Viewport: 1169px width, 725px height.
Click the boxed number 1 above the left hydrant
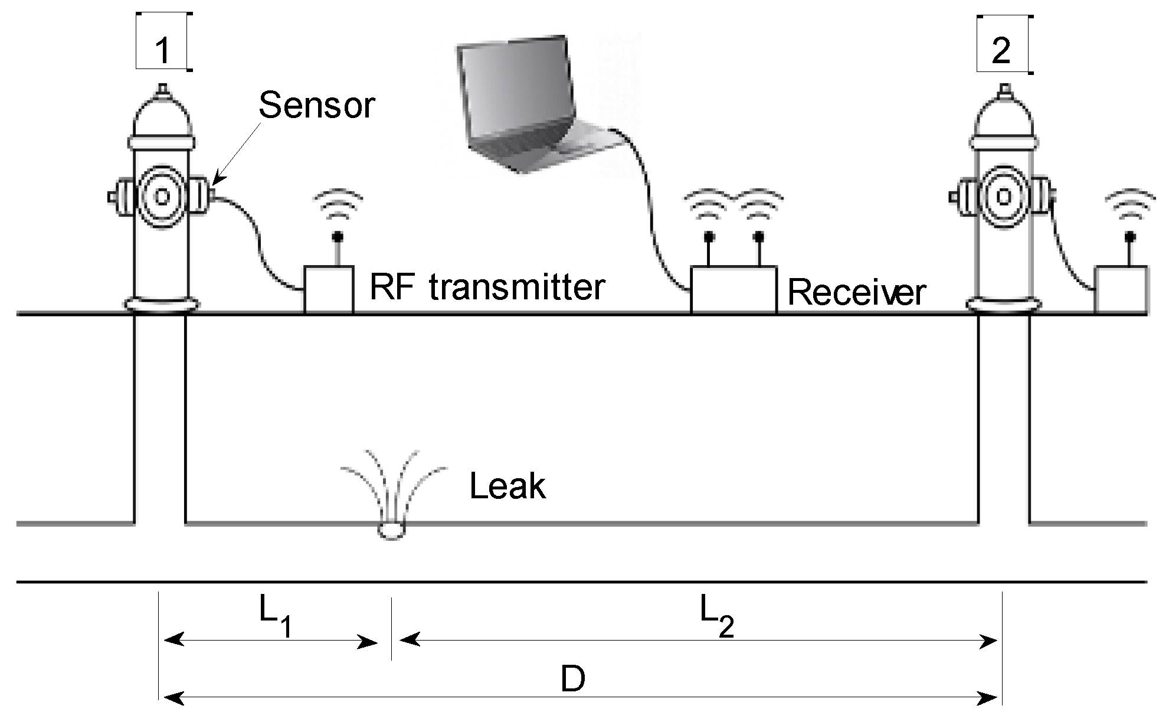[162, 50]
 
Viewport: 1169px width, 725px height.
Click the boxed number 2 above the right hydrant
[1001, 51]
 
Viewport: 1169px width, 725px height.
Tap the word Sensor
[316, 106]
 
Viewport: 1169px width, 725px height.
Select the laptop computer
[531, 106]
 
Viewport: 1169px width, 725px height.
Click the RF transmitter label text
[487, 287]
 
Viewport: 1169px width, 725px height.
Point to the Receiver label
[856, 292]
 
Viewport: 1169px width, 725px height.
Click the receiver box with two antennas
[734, 290]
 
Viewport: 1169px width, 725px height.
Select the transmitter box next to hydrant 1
[329, 289]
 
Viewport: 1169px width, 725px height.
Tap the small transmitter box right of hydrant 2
[1121, 290]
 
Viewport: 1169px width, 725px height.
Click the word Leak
[507, 486]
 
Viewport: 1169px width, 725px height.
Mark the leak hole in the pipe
[391, 530]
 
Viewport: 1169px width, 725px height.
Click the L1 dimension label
[275, 617]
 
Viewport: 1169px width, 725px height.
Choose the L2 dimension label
[716, 616]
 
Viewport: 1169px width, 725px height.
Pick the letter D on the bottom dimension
[572, 680]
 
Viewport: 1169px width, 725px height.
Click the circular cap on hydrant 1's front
[162, 196]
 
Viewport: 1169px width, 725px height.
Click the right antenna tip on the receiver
[759, 237]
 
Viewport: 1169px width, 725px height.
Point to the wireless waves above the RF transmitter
[338, 204]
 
